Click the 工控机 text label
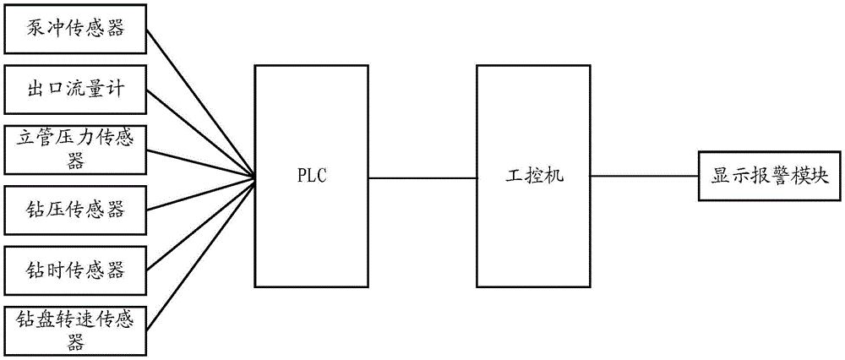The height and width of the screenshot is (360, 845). pos(532,178)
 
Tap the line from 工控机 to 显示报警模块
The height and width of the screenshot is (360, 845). pos(643,178)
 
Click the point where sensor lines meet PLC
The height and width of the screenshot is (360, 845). pos(255,178)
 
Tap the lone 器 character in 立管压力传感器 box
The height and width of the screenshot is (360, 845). pos(74,161)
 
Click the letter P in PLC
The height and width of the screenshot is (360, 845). pos(301,178)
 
